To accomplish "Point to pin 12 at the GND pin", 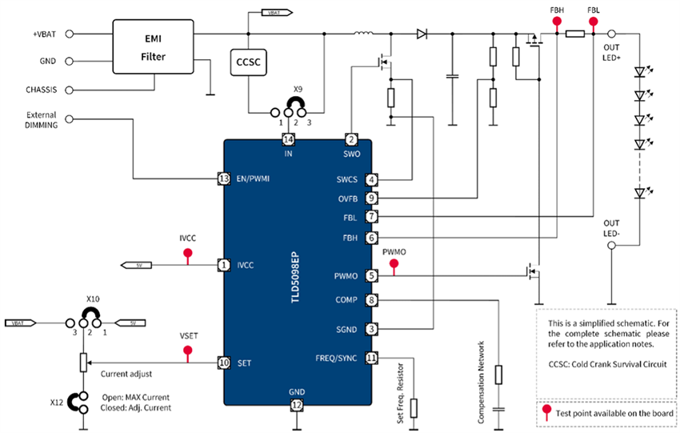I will [297, 405].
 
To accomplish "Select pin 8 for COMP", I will [371, 300].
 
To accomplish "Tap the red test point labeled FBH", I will [555, 22].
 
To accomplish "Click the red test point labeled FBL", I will [593, 22].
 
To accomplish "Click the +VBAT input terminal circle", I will [70, 34].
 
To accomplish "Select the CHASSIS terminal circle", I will [70, 90].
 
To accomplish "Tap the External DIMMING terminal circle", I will [70, 119].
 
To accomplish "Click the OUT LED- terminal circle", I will [611, 247].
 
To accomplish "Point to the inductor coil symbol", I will [364, 34].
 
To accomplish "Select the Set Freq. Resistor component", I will [414, 407].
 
